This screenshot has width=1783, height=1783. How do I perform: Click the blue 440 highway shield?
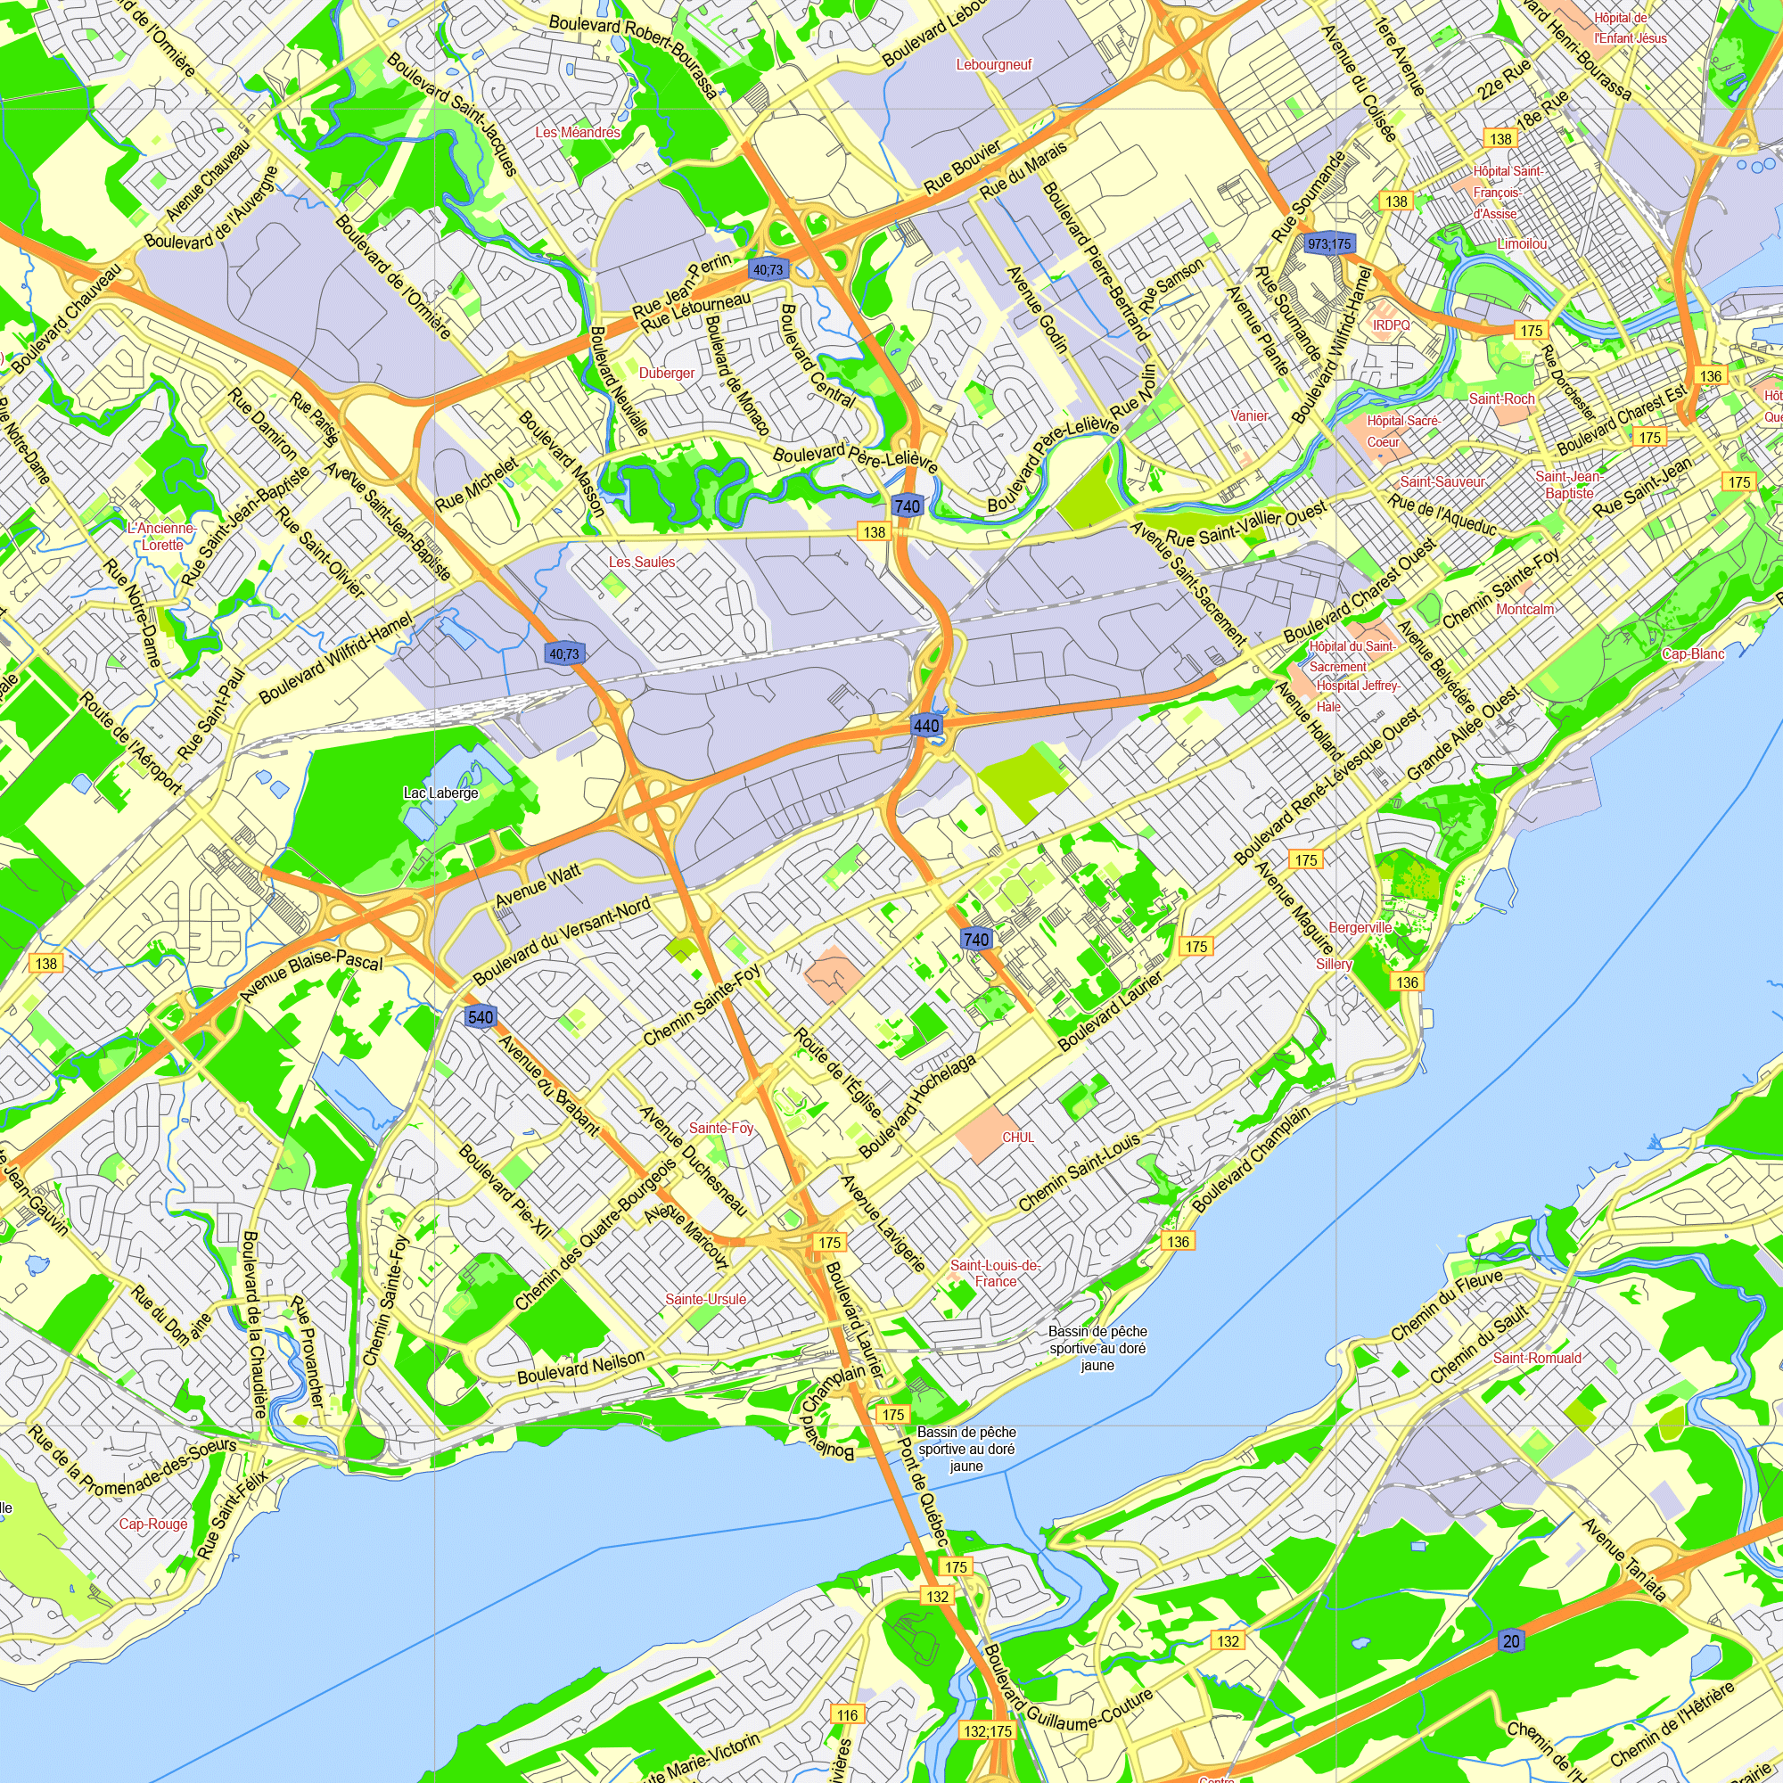925,726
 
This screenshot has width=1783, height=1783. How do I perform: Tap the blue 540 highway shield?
481,1017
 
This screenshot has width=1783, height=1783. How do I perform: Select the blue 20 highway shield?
1511,1641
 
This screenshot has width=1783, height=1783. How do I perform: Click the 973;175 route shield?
1329,243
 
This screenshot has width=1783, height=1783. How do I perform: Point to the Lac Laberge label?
441,793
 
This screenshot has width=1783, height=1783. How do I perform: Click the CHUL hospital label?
1018,1137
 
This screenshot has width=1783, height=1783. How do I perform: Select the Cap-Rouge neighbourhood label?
153,1524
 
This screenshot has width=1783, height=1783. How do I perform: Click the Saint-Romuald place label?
1538,1358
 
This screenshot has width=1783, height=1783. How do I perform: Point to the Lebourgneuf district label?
994,64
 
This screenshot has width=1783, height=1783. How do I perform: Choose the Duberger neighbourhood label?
666,373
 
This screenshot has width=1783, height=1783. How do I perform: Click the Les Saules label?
641,561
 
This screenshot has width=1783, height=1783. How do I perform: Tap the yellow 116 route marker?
847,1714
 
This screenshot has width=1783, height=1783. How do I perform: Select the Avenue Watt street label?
538,885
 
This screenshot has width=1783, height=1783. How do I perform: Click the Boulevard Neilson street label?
580,1368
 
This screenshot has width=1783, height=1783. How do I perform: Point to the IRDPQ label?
1392,325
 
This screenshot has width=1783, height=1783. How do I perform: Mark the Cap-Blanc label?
1693,653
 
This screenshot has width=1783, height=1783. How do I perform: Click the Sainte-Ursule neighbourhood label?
706,1299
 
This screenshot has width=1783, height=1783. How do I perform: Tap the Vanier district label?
1250,415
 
